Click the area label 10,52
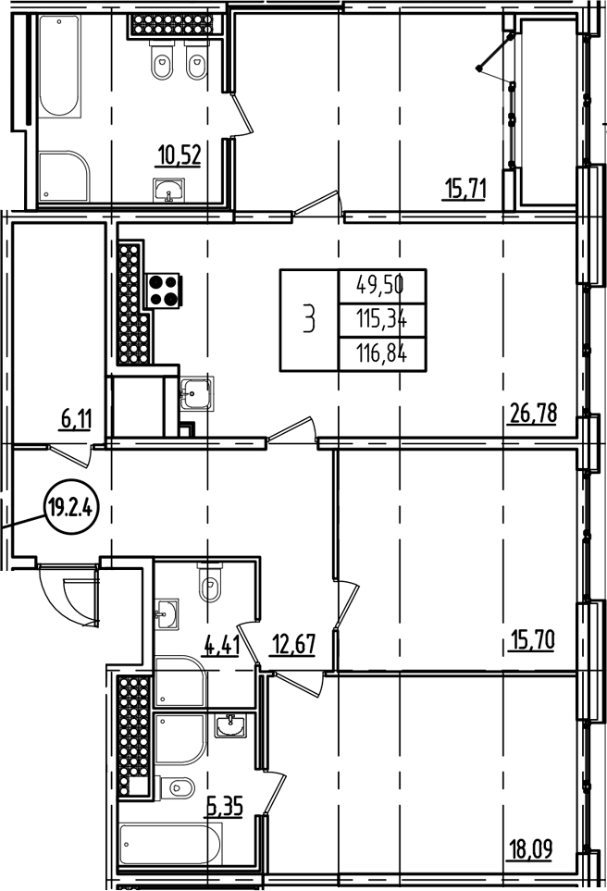pos(180,154)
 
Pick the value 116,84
pos(383,353)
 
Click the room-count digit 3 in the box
pos(309,319)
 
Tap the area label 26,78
pos(533,413)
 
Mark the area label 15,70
pos(531,639)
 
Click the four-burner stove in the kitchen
pos(164,290)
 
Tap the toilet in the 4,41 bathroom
pos(210,585)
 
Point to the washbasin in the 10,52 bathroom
pos(167,192)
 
